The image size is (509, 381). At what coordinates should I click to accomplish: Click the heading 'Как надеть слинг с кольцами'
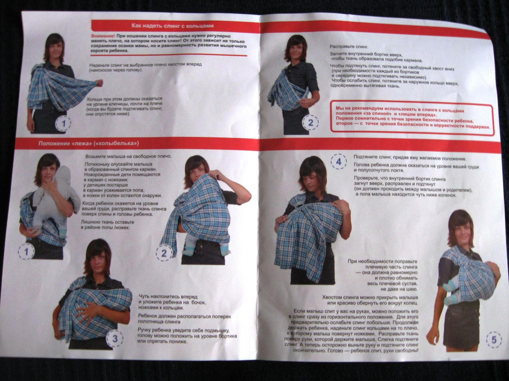click(172, 26)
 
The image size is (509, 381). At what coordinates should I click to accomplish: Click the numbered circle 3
click(115, 339)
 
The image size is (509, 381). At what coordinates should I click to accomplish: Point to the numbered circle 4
click(339, 162)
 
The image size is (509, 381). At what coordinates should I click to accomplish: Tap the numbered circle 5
click(494, 340)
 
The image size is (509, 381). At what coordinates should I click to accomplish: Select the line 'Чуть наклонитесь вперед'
click(168, 296)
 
